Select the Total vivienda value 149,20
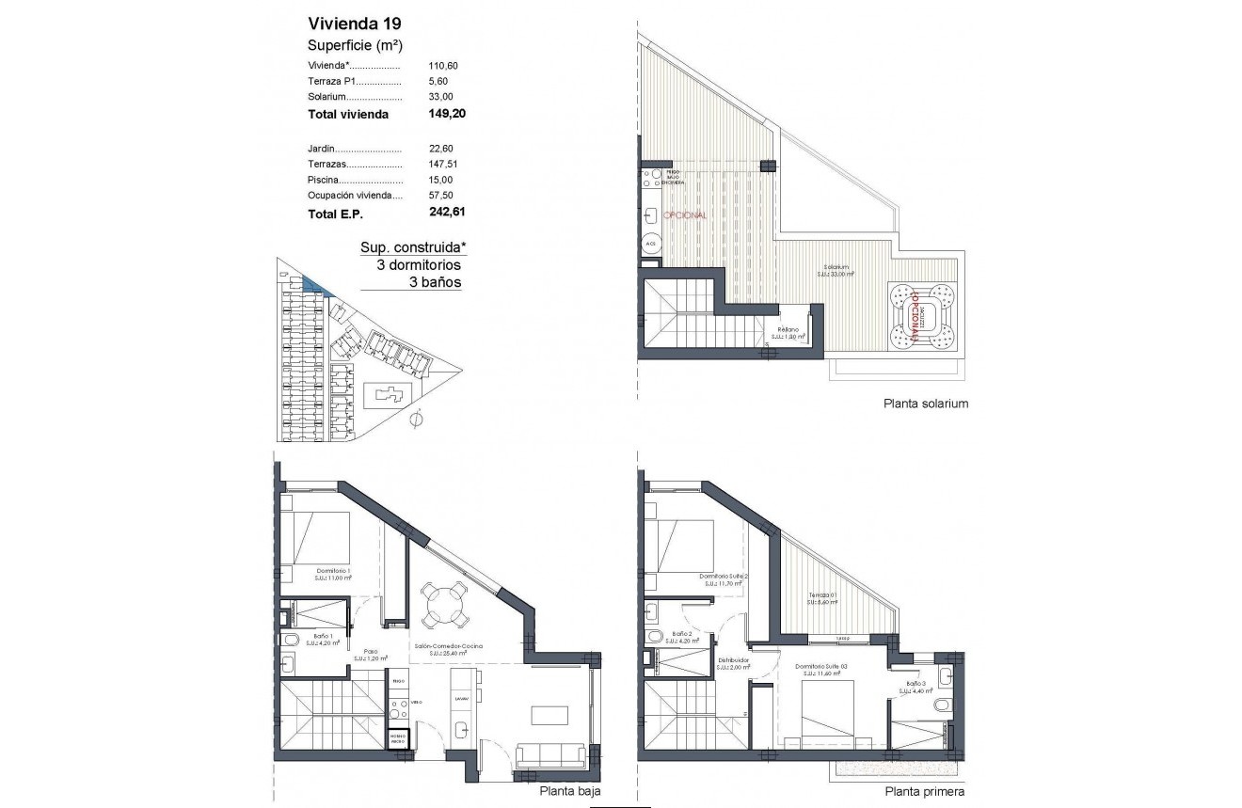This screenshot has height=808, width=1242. [447, 114]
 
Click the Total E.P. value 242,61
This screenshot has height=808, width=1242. [447, 214]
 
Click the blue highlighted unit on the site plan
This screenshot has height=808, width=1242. [313, 284]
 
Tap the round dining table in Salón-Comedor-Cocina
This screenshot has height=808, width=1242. [443, 605]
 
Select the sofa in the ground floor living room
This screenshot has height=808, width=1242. [551, 755]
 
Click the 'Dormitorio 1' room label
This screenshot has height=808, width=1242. [333, 571]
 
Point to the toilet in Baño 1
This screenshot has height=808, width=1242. [291, 641]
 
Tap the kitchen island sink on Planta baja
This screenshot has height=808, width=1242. [461, 729]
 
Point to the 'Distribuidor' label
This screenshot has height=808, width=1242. [733, 660]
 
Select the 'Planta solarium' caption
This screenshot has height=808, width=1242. [925, 404]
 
